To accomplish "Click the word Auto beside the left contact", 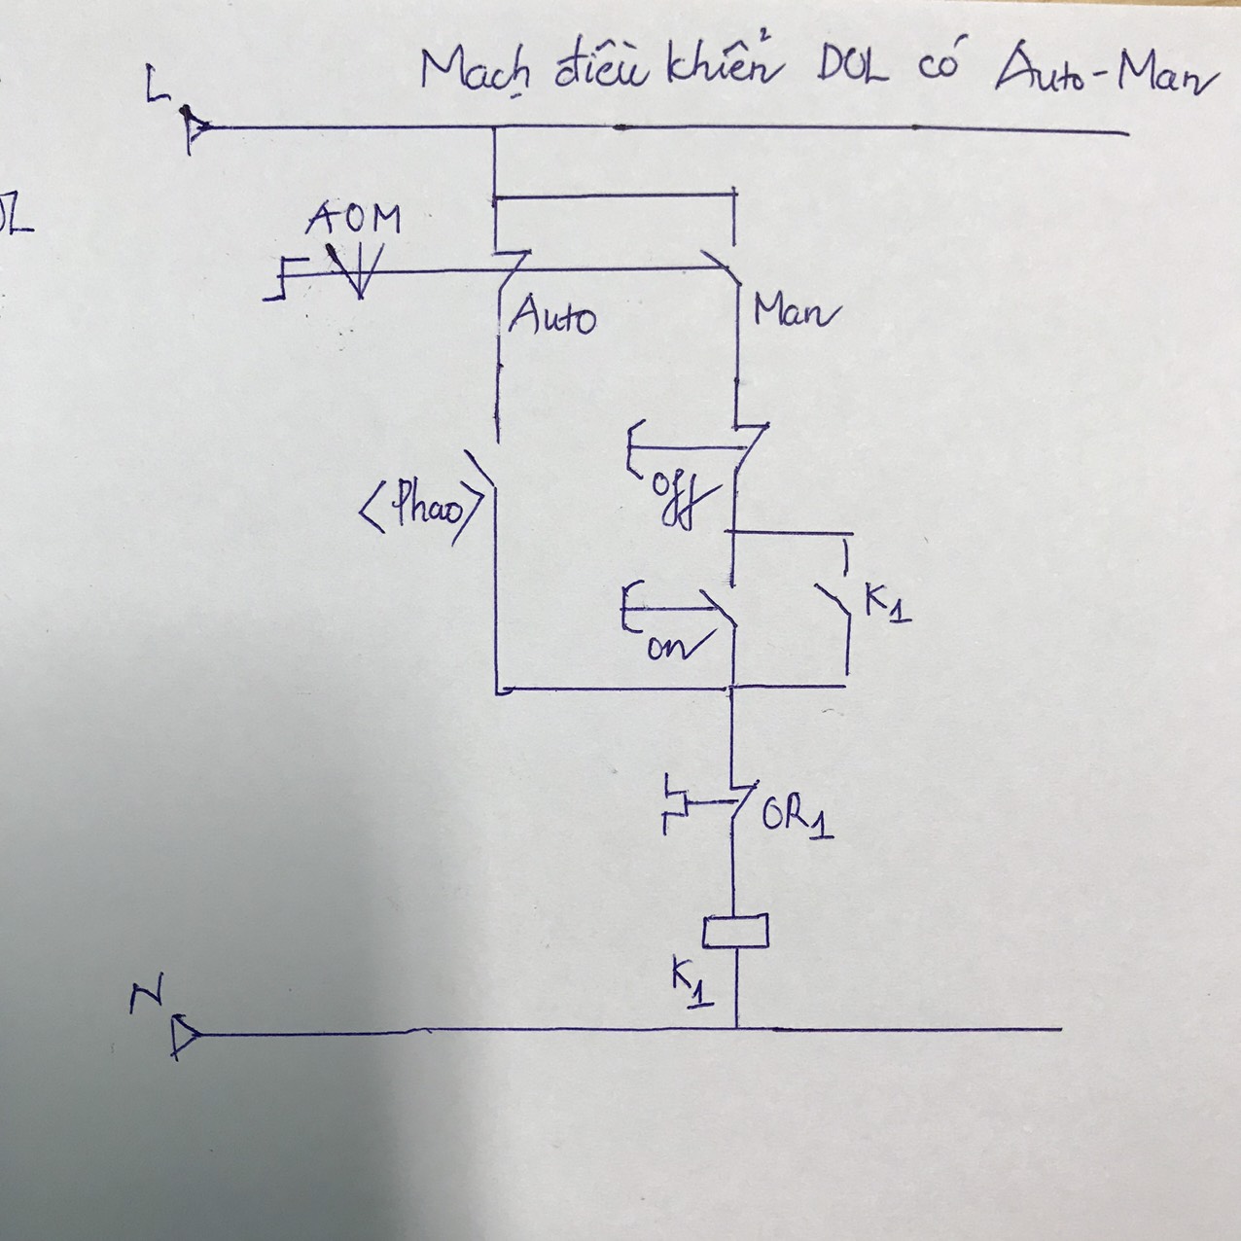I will [x=551, y=316].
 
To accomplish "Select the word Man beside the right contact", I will [x=793, y=311].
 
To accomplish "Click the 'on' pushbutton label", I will [x=668, y=646].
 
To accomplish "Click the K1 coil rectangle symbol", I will [x=735, y=931].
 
